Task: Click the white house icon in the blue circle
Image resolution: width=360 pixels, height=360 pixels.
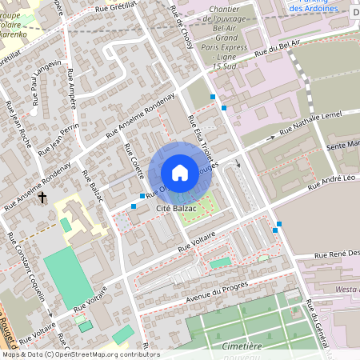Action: [180, 172]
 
